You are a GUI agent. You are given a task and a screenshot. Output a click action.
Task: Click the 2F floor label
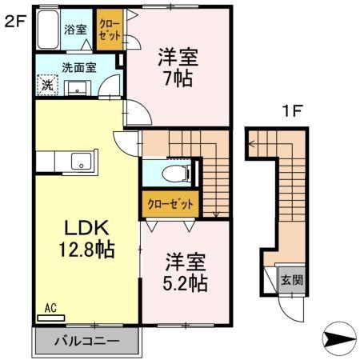[x=15, y=21]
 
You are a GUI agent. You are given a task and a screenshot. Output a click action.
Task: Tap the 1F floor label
[x=290, y=111]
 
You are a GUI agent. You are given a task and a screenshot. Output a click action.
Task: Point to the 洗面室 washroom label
[x=78, y=68]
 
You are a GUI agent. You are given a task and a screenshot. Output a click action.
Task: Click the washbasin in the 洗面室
[x=79, y=86]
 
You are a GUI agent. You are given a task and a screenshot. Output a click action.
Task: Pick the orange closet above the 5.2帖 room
[x=170, y=203]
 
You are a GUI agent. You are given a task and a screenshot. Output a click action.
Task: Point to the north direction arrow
[x=339, y=339]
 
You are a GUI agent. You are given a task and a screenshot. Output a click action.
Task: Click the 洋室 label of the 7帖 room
[x=177, y=58]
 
